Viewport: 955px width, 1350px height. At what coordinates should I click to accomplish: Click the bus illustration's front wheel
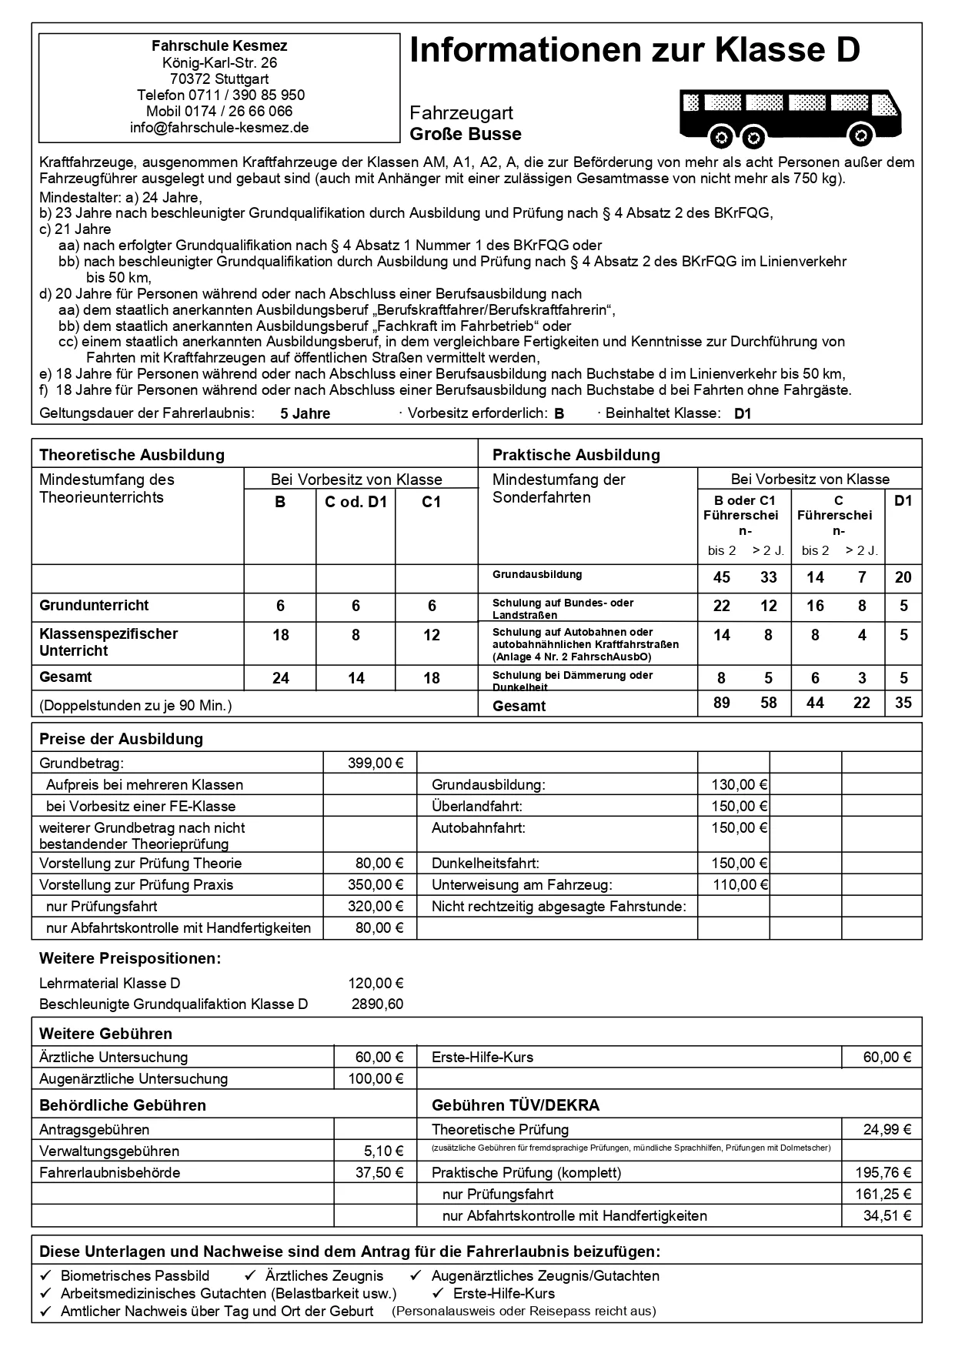[860, 137]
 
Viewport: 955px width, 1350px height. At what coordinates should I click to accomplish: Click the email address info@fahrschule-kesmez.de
[219, 128]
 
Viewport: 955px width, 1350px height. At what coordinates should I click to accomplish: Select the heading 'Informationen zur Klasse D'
[635, 51]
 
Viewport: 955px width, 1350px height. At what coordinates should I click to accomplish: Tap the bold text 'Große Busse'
[466, 135]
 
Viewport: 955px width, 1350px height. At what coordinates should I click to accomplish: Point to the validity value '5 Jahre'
[305, 414]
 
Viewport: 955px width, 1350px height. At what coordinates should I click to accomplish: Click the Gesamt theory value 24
[281, 678]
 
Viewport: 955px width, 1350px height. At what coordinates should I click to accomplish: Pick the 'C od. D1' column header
[356, 502]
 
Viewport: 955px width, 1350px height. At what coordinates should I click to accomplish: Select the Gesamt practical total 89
[722, 703]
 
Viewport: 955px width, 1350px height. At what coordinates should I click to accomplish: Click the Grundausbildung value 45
[722, 577]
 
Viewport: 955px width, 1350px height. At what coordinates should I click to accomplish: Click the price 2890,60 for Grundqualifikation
[377, 1004]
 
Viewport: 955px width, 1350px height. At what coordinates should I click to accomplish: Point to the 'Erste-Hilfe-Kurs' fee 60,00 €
[887, 1058]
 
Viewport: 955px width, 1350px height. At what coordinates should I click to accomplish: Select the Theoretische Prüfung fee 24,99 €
[887, 1130]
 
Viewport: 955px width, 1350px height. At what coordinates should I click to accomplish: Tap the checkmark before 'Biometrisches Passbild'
[45, 1276]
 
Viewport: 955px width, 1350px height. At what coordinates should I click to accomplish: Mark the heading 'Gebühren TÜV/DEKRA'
[515, 1106]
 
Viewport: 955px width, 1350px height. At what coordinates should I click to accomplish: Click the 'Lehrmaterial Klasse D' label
[110, 984]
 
